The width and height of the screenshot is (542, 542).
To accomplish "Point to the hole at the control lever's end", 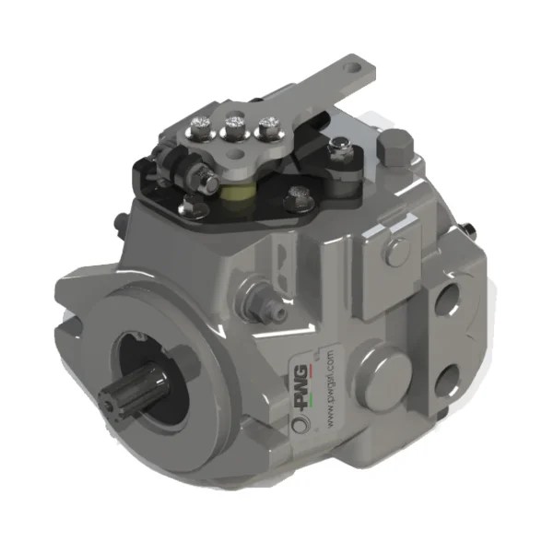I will [353, 65].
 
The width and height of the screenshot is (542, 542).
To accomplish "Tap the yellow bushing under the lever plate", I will [239, 193].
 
